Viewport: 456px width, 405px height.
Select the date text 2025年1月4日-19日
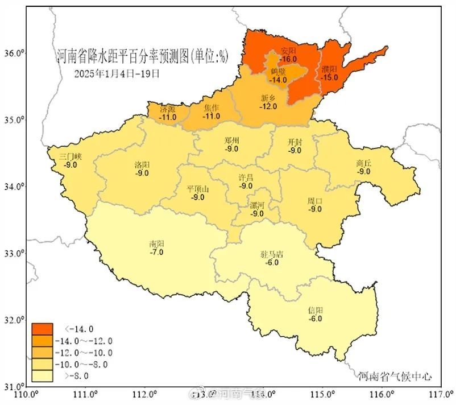[x=117, y=73]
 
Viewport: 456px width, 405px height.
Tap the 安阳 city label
[x=289, y=51]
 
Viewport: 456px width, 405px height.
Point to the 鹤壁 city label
[x=278, y=72]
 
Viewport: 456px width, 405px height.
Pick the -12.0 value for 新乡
[x=268, y=106]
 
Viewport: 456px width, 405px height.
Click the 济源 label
[x=168, y=109]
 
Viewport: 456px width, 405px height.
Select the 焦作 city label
[x=212, y=108]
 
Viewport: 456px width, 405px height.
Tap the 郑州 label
[x=231, y=141]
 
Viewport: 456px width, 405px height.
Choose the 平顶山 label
[x=198, y=189]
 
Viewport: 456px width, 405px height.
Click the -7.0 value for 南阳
[x=156, y=251]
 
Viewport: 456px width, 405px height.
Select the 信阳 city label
[x=316, y=310]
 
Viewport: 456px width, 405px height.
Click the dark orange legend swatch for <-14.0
[x=43, y=329]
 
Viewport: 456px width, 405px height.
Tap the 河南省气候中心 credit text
[x=395, y=376]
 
